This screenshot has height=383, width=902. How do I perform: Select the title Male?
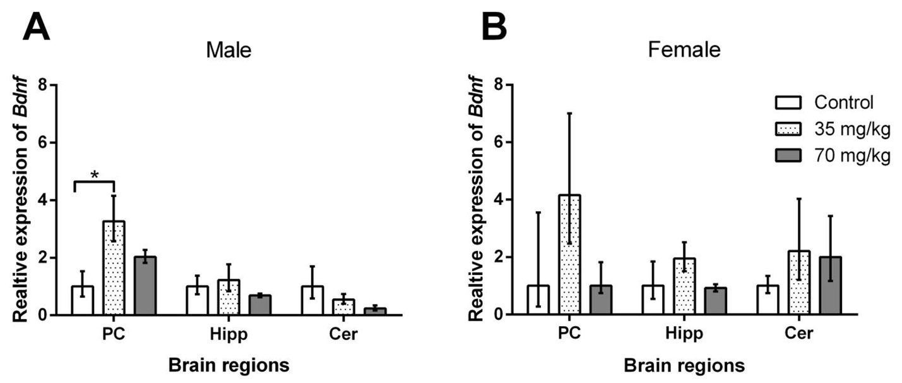coord(228,50)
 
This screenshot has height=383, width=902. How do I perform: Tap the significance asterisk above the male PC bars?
coord(95,175)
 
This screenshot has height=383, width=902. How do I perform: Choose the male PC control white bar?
coord(82,300)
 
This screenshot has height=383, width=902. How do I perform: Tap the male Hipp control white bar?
coord(197,300)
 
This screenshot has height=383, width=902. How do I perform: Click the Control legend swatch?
coord(787,102)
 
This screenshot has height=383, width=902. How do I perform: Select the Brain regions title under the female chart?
coord(685,365)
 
